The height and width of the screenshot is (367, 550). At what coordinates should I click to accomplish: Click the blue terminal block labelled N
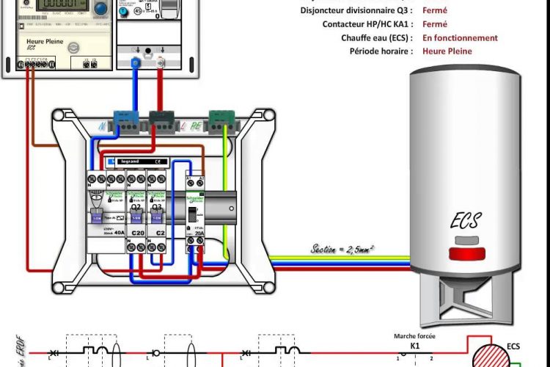(x=124, y=118)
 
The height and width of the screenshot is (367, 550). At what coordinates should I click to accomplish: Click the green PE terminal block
(x=221, y=117)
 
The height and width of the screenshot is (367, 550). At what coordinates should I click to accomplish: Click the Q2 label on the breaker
(x=136, y=208)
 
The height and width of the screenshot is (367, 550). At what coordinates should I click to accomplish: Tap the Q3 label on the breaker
(x=155, y=208)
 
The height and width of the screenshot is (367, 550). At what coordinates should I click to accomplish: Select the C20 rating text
(x=136, y=233)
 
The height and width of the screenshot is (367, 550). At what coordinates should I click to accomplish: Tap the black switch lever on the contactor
(x=191, y=215)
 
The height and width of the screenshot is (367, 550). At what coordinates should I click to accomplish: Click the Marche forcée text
(x=414, y=335)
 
